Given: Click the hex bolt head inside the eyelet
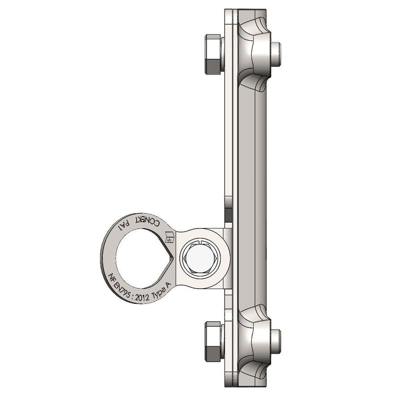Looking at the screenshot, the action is click(x=201, y=258).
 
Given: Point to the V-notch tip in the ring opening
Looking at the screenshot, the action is click(x=173, y=257).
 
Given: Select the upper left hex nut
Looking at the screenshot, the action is click(x=213, y=54).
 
